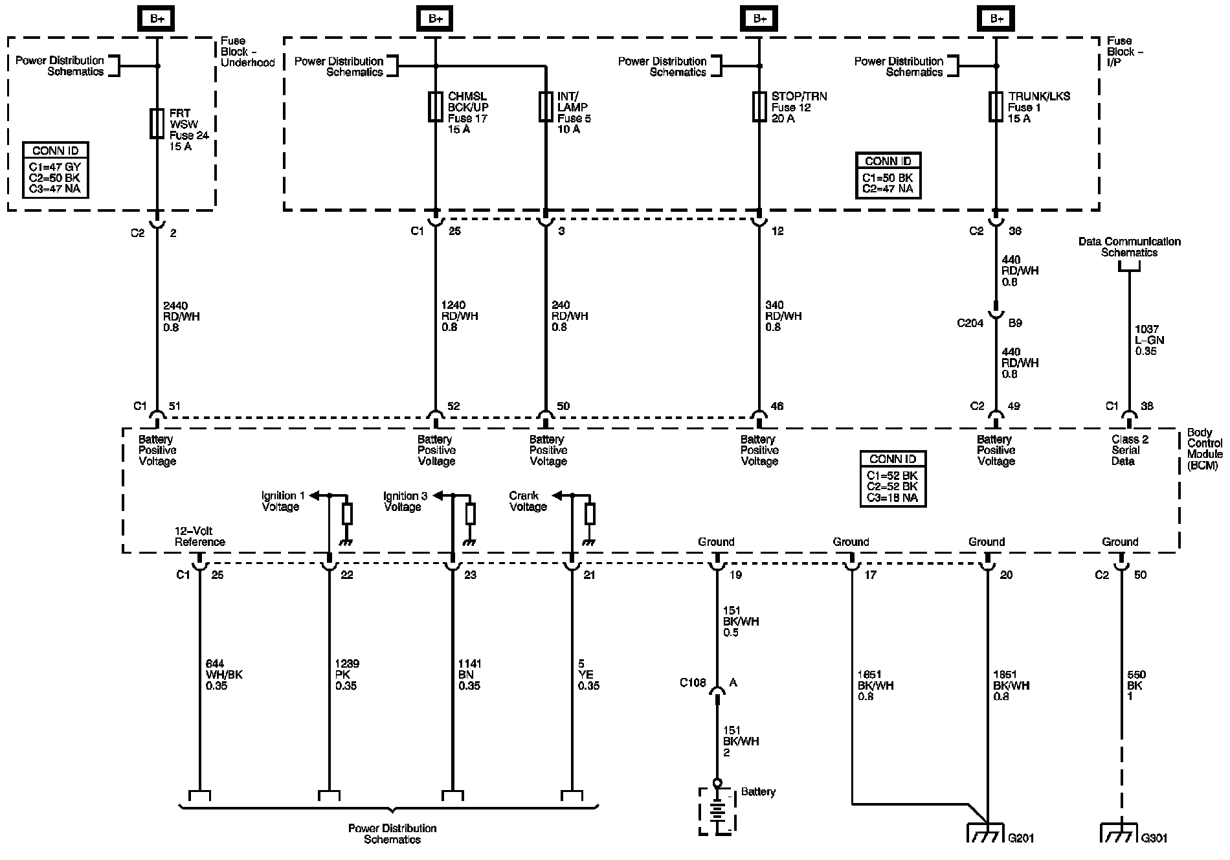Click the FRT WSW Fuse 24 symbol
pos(157,123)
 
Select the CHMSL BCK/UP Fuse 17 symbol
pos(436,107)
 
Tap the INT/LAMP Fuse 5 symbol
pos(546,107)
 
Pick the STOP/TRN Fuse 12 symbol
pos(759,107)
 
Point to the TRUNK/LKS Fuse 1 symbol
pos(996,107)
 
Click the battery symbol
pos(717,811)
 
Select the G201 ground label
pos(1021,838)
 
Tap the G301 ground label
pos(1154,838)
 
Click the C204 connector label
pos(970,322)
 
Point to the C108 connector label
pos(692,683)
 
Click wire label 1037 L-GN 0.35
pos(1146,340)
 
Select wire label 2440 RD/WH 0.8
pos(181,316)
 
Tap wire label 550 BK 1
pos(1135,685)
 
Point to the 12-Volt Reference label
pos(199,537)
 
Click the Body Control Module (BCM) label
pos(1204,449)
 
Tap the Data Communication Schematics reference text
pos(1129,247)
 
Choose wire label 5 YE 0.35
pos(588,675)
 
